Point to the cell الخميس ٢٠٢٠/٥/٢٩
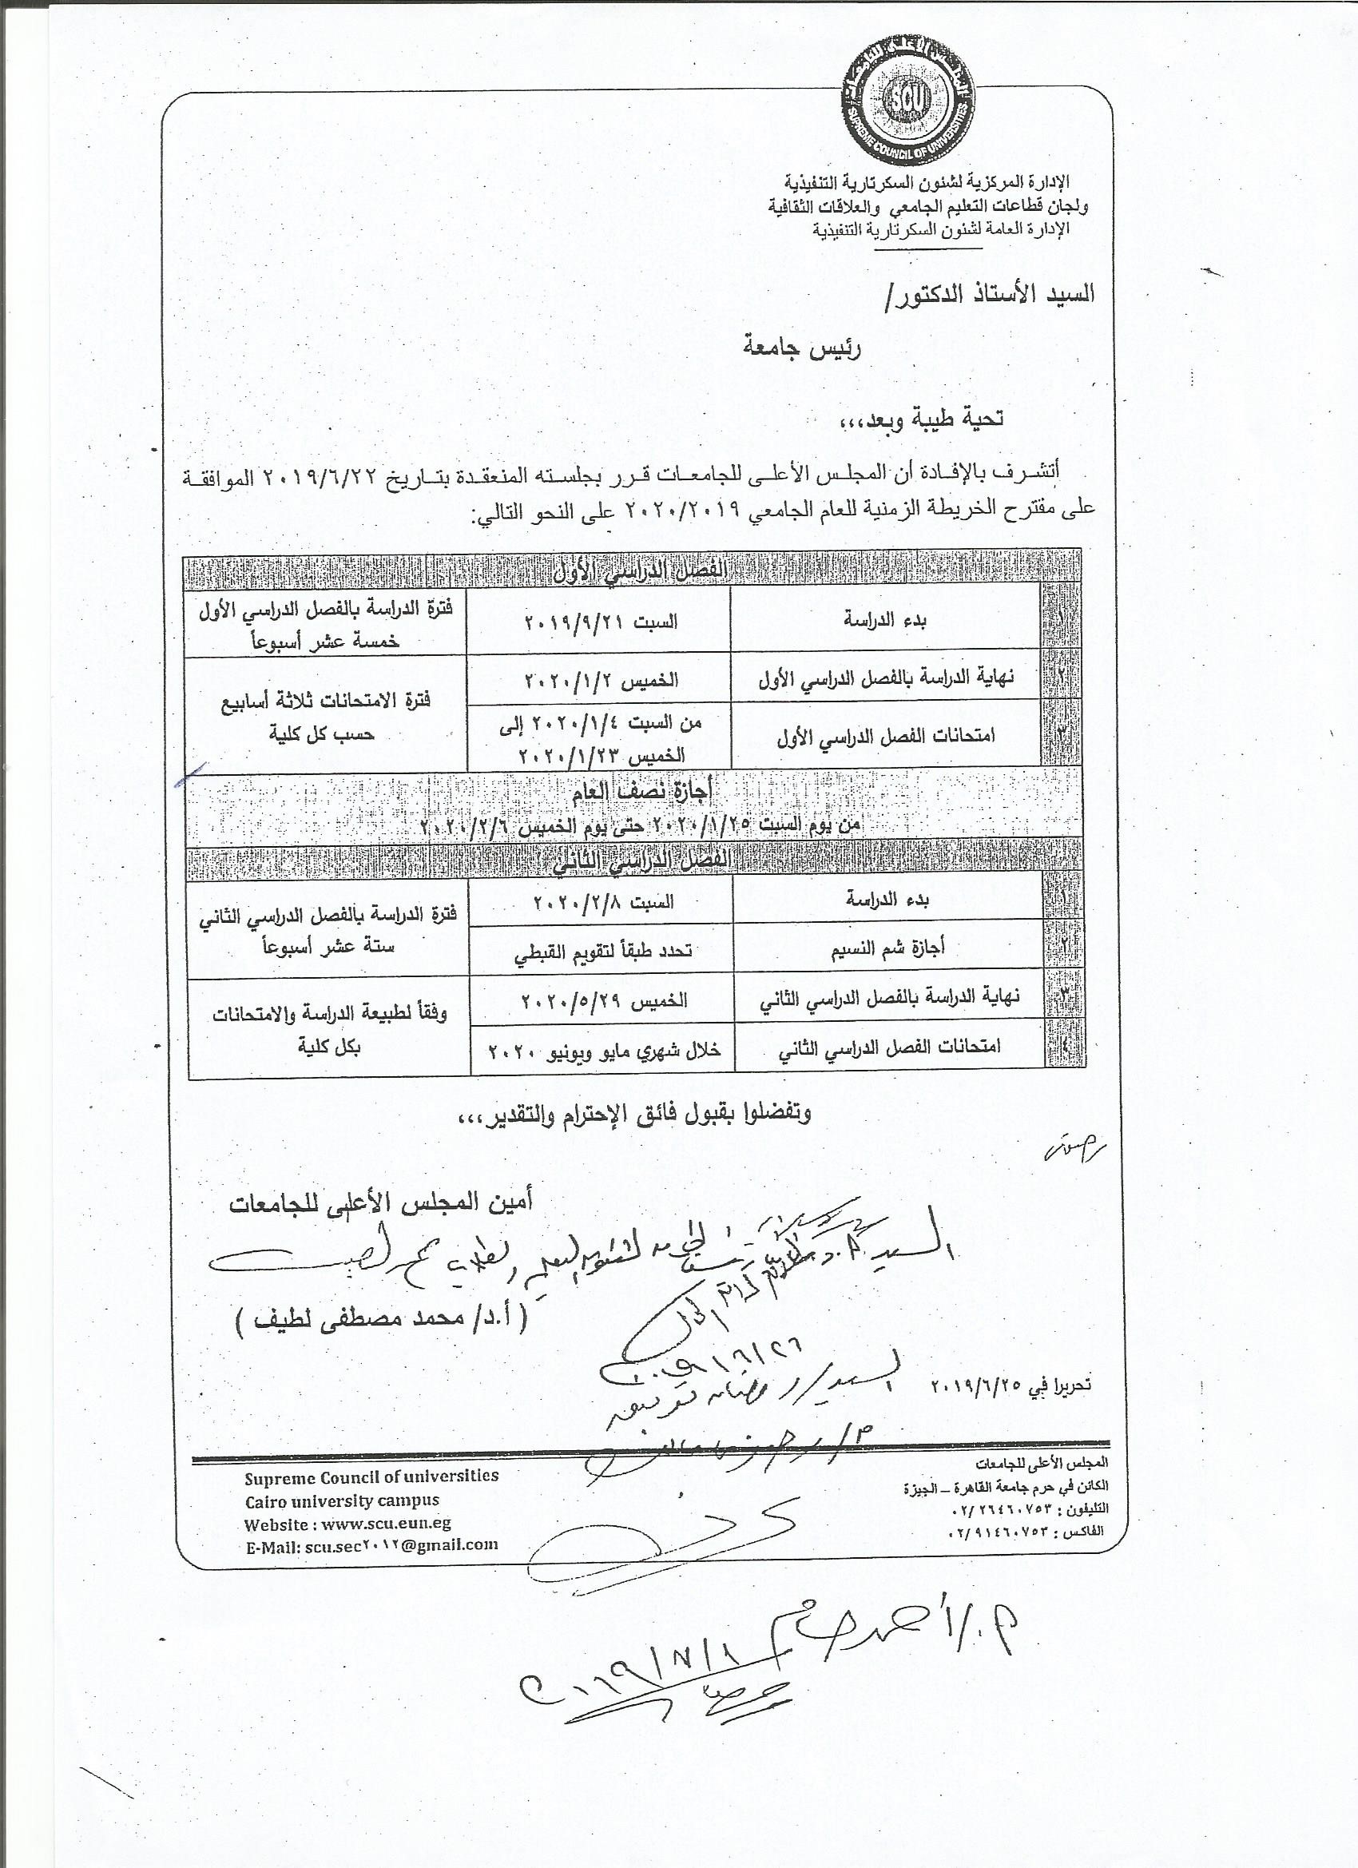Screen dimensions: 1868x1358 click(603, 1000)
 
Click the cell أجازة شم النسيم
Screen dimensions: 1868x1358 click(886, 947)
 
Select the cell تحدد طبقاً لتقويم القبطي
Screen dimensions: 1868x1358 click(603, 951)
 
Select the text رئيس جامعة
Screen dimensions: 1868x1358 click(801, 348)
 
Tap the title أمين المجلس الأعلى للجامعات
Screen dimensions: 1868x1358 click(380, 1202)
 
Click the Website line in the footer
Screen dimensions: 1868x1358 click(347, 1524)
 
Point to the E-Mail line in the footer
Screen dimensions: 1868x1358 click(371, 1545)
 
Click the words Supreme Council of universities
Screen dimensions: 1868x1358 click(371, 1476)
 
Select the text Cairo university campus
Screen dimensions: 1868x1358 click(342, 1500)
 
